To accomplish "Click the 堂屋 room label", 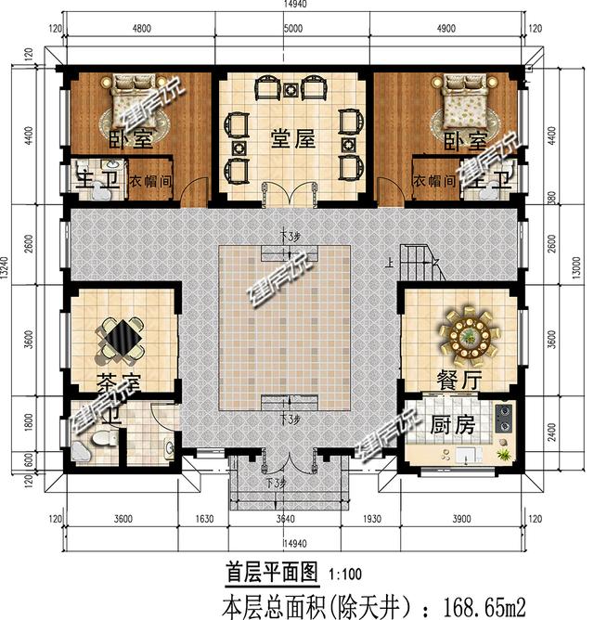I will pos(292,141).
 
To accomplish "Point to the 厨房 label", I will pos(453,425).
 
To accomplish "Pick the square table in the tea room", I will pos(122,335).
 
